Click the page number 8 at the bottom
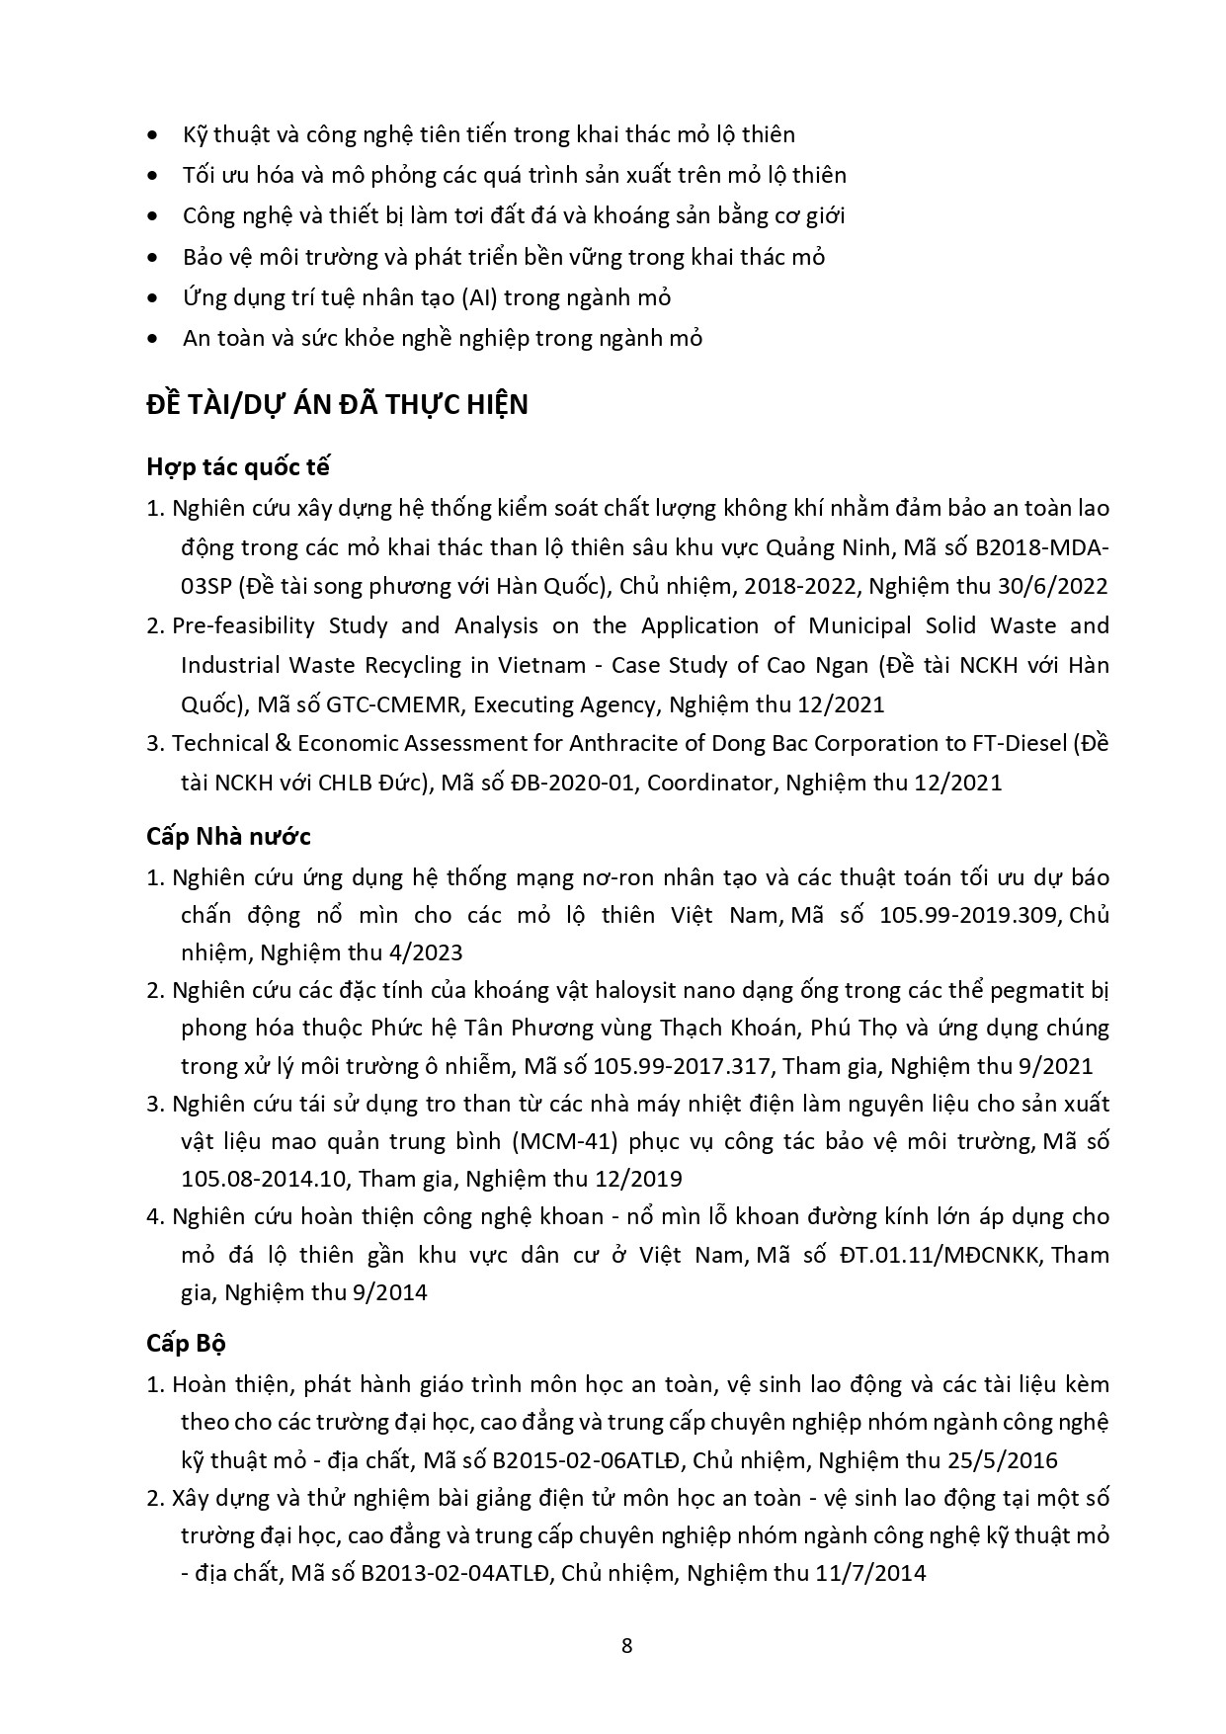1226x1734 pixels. (626, 1646)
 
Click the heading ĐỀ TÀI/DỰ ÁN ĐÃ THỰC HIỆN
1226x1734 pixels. (337, 405)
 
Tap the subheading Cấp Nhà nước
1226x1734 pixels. (228, 836)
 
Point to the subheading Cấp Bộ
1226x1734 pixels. (186, 1344)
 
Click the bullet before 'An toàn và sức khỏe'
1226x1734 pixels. (151, 338)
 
